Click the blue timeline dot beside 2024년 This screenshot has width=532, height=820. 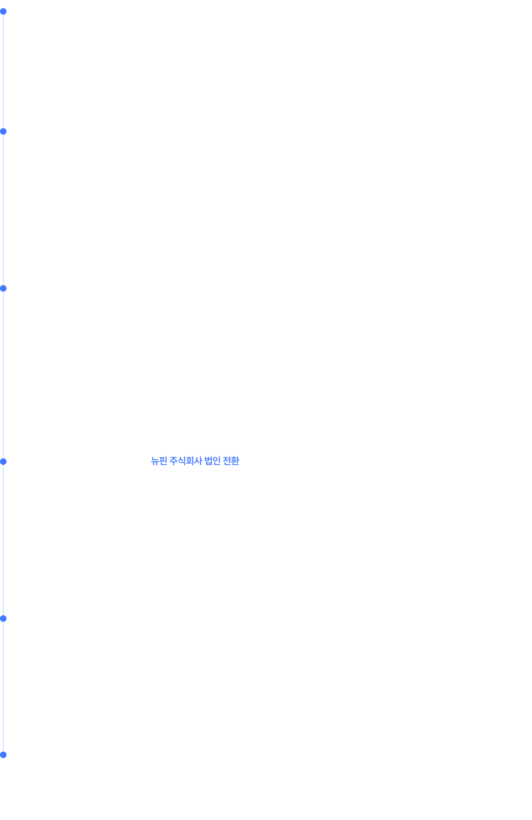pyautogui.click(x=3, y=132)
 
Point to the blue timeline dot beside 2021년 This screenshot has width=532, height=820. pyautogui.click(x=3, y=619)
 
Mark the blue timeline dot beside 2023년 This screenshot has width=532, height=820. pyautogui.click(x=3, y=288)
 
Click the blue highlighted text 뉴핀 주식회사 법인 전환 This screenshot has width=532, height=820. pyautogui.click(x=195, y=461)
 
